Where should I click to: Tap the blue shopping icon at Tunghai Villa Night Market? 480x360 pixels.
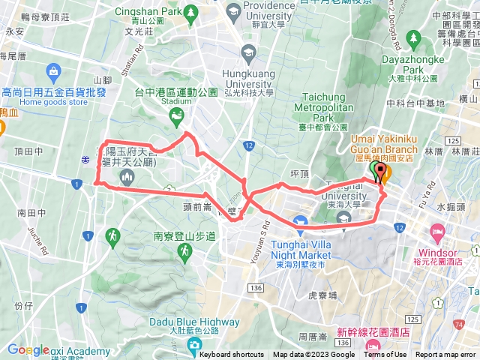301,221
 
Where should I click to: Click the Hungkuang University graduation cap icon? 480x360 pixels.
248,52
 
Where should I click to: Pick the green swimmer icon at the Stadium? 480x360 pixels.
176,114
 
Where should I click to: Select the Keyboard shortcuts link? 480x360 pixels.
232,355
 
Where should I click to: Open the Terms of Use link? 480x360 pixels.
385,355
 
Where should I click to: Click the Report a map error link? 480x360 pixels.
445,355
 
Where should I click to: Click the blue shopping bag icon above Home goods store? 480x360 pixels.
53,71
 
